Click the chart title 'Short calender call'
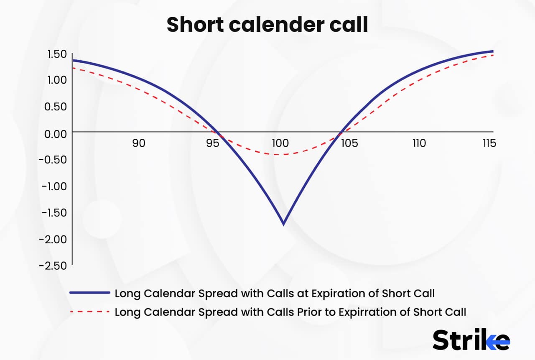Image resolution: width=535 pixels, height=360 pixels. (x=267, y=25)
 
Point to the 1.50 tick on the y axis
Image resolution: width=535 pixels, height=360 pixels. (x=57, y=54)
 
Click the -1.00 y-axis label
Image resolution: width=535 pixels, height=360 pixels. (x=54, y=186)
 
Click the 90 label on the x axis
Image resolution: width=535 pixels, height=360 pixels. (x=139, y=143)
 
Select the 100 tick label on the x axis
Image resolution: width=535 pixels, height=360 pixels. (x=280, y=143)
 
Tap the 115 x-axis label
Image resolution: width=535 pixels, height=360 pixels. (x=489, y=143)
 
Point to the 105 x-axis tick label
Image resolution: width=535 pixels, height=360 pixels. (x=349, y=143)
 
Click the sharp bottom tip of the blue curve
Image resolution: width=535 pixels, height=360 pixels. (x=284, y=225)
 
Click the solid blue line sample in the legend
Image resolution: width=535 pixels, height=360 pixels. (x=89, y=293)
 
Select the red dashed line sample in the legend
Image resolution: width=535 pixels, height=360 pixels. (x=89, y=312)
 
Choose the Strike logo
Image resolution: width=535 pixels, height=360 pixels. (x=471, y=340)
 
